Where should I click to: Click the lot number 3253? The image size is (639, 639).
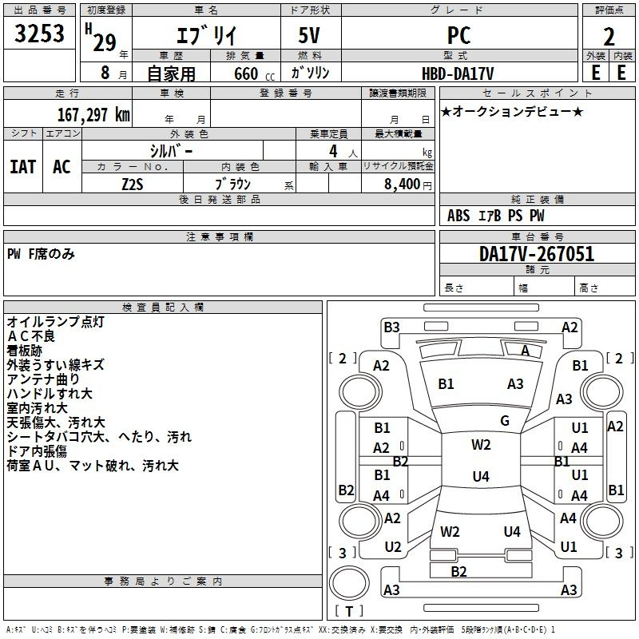pos(39,33)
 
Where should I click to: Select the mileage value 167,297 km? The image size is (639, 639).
pos(93,115)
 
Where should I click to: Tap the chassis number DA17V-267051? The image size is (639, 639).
pos(537,254)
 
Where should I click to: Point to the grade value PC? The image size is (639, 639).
pos(458,35)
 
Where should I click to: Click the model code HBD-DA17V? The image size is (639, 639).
pos(458,73)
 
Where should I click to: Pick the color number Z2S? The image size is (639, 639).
pos(133,185)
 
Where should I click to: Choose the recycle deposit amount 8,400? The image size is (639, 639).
pos(402,184)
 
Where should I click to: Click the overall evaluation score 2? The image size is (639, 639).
pos(609,37)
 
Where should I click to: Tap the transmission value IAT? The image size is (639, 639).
pos(23,167)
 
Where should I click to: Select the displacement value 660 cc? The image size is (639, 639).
pos(254,73)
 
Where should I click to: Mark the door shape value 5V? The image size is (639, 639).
pos(309,35)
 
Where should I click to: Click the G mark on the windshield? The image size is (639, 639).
pos(505,421)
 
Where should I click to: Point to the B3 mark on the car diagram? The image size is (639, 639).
pos(391,327)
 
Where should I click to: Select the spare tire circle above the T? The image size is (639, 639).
pos(349,583)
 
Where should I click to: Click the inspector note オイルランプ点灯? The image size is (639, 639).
pos(56,322)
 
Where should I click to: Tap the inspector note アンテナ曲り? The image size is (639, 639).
pos(43,379)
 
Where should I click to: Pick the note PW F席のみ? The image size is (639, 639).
pos(41,254)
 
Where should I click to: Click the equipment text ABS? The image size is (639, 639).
pos(458,216)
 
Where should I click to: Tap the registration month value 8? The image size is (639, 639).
pos(105,73)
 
